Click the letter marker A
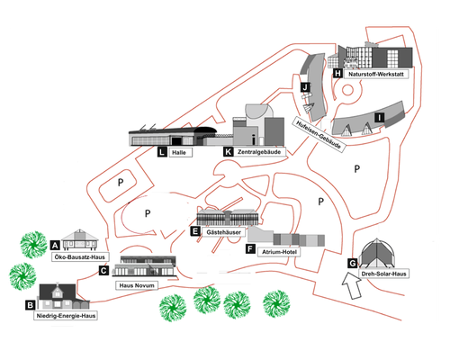pyautogui.click(x=55, y=246)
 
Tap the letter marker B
pyautogui.click(x=31, y=305)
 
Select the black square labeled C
pyautogui.click(x=103, y=271)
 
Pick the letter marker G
pyautogui.click(x=352, y=264)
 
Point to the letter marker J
pyautogui.click(x=305, y=87)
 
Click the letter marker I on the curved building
pyautogui.click(x=380, y=117)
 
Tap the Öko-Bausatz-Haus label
pyautogui.click(x=80, y=257)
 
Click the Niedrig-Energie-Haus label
pyautogui.click(x=66, y=316)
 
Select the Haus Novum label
pyautogui.click(x=137, y=285)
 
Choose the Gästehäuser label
pyautogui.click(x=223, y=232)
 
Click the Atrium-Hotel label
pyautogui.click(x=279, y=252)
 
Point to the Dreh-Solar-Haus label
pyautogui.click(x=383, y=274)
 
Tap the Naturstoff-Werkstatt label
pyautogui.click(x=376, y=74)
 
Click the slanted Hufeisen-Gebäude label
pyautogui.click(x=319, y=134)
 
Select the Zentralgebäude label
pyautogui.click(x=259, y=152)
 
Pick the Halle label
pyautogui.click(x=179, y=152)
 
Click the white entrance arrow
pyautogui.click(x=351, y=285)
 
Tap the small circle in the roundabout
pyautogui.click(x=347, y=90)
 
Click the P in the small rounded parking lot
pyautogui.click(x=121, y=182)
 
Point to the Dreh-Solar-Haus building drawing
pyautogui.click(x=376, y=253)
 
